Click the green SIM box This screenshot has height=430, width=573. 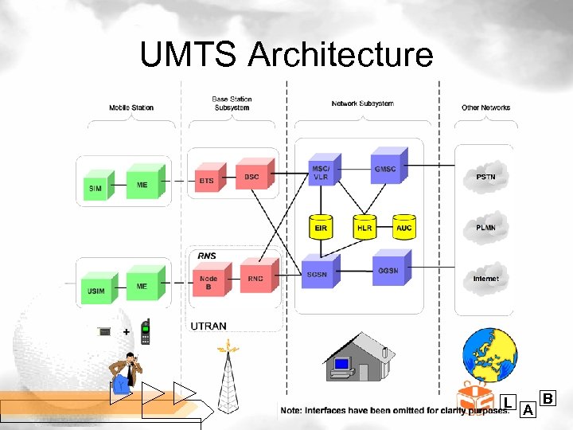(95, 188)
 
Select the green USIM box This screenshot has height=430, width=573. (95, 291)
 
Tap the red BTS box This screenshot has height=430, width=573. (207, 181)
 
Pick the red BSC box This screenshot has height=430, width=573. (251, 176)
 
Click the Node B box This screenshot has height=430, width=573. (208, 282)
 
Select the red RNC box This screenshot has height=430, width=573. (255, 278)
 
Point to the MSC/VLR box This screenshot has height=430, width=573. (320, 173)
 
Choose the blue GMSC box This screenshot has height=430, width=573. (385, 169)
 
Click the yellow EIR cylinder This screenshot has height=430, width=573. (321, 227)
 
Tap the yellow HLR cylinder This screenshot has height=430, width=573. (364, 227)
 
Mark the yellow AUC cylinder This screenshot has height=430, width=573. (404, 227)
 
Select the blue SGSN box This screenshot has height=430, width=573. (317, 274)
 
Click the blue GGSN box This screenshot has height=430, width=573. (388, 270)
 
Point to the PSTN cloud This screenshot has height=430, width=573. (485, 177)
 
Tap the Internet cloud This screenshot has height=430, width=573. (485, 279)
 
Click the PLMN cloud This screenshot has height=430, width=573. (485, 228)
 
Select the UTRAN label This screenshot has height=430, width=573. (209, 326)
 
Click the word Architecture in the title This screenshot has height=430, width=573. (340, 55)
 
